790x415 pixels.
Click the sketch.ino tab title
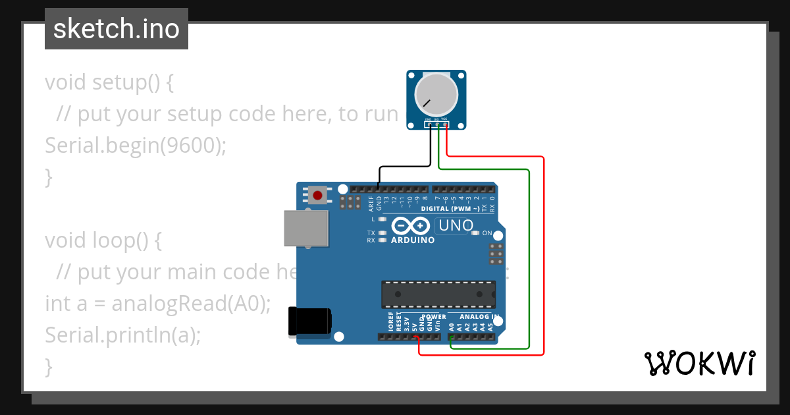click(x=116, y=29)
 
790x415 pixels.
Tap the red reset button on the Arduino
click(x=318, y=196)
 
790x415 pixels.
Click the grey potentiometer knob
click(x=436, y=94)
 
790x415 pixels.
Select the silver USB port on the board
click(x=306, y=229)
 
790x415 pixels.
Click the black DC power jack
click(x=309, y=322)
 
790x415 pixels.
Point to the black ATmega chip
click(x=438, y=294)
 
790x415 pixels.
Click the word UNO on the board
click(x=456, y=225)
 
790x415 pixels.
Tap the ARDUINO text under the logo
click(x=413, y=240)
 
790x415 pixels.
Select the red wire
click(x=544, y=263)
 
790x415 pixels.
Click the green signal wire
click(x=529, y=263)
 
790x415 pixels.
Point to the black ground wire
click(x=404, y=167)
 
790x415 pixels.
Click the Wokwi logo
click(x=699, y=363)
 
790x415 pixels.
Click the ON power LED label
click(x=487, y=233)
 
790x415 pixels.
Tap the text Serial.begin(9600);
click(x=135, y=146)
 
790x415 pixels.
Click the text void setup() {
click(x=109, y=82)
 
